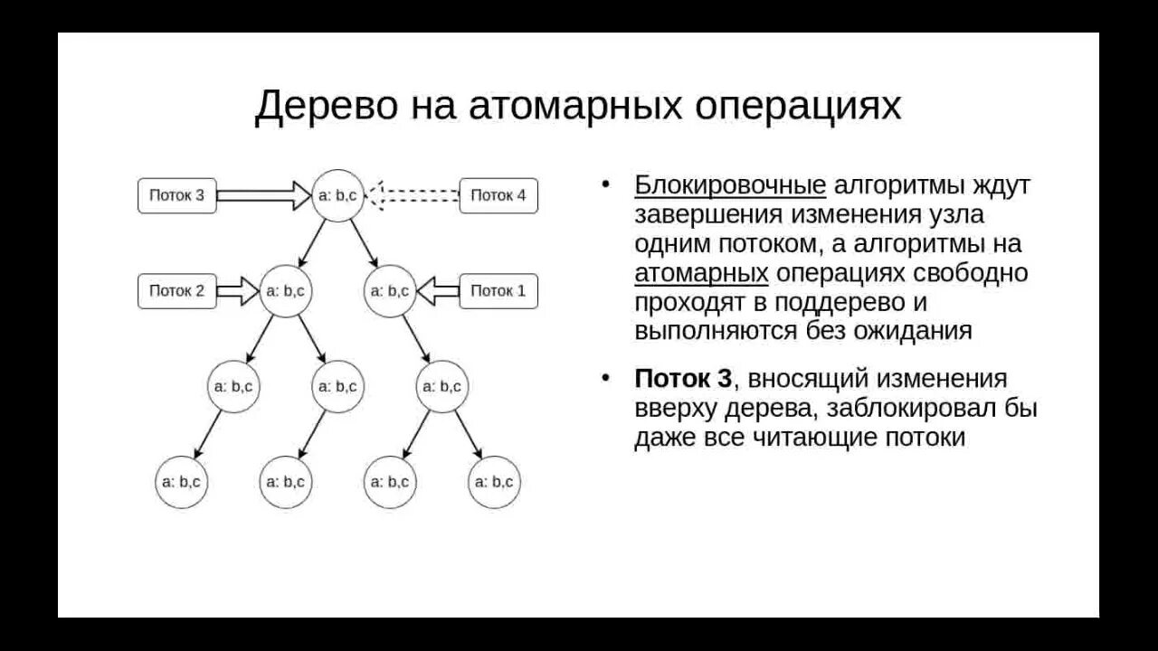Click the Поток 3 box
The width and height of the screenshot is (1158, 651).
(x=177, y=195)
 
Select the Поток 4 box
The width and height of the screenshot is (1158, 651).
(x=498, y=195)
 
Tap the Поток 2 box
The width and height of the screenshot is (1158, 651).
(x=177, y=291)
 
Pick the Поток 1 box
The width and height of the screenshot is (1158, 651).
(x=498, y=291)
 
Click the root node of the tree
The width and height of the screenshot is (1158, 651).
(x=337, y=194)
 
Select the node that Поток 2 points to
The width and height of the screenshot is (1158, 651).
(x=286, y=291)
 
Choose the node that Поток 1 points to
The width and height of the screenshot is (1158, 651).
(x=390, y=291)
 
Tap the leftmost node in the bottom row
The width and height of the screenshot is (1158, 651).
(x=181, y=482)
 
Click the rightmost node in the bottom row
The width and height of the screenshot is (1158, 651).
(x=495, y=482)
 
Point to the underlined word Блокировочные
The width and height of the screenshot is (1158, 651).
(x=730, y=185)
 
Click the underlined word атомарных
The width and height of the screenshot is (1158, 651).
(x=701, y=272)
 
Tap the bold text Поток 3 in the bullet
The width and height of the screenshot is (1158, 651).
(x=683, y=379)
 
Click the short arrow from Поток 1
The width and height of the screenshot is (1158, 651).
(x=438, y=291)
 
